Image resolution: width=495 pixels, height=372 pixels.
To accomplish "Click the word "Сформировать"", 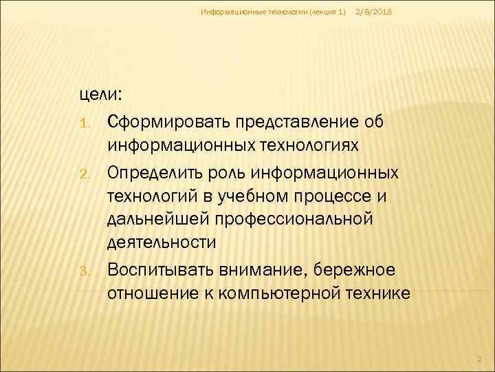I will click(x=168, y=123).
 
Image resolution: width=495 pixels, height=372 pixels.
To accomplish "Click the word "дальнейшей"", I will click(x=159, y=218).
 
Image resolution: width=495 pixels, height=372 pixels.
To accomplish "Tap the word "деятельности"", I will click(x=162, y=242).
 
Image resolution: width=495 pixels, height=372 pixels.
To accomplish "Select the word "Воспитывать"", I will click(x=164, y=267).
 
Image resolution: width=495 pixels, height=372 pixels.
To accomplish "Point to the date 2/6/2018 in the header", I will click(x=374, y=12).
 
